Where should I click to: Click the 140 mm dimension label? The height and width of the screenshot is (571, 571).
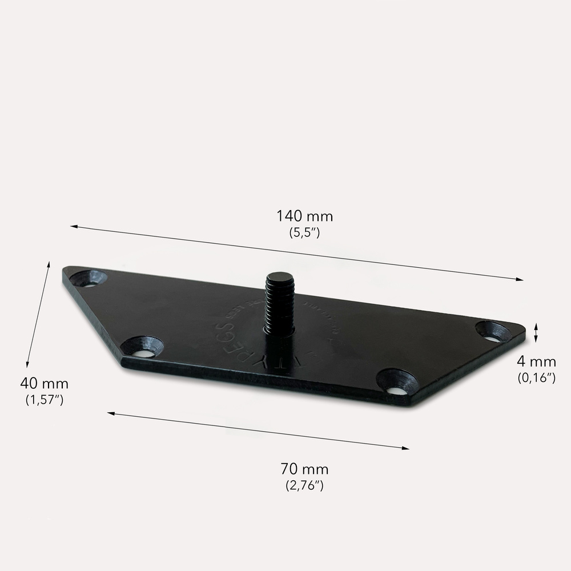[x=304, y=216]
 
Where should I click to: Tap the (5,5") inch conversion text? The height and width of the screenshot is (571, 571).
[x=304, y=232]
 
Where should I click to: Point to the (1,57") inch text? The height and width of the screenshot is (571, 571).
[x=44, y=399]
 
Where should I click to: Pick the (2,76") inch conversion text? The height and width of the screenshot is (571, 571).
[x=304, y=485]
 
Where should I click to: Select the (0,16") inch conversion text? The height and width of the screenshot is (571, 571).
[x=536, y=377]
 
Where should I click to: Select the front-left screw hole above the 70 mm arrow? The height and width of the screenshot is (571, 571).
[x=142, y=347]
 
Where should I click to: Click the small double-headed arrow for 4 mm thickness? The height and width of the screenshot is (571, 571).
[x=536, y=332]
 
